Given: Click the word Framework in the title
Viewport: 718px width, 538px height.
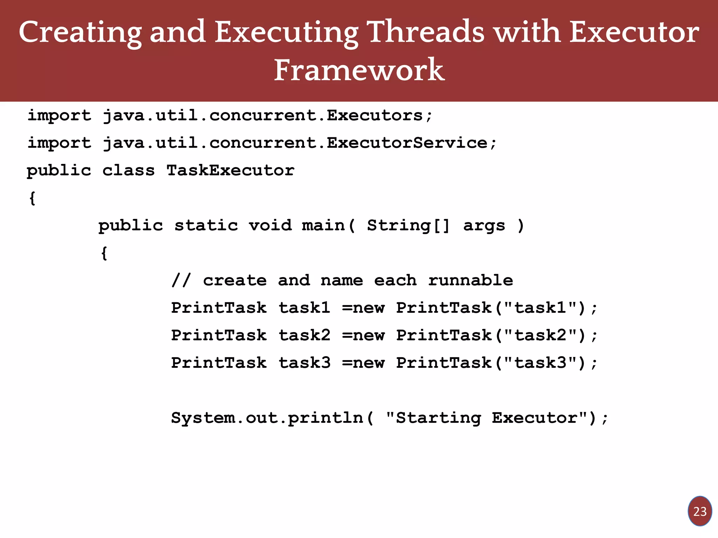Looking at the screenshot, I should tap(359, 70).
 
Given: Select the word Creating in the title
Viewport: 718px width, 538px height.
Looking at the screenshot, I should tap(80, 32).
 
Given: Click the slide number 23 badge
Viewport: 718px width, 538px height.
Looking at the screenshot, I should tap(700, 511).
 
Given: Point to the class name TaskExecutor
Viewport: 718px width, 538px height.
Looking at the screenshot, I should tap(230, 171).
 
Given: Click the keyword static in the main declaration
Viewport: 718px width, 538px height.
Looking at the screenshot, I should tap(206, 225).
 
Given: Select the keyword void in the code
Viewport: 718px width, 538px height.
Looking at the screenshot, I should tap(270, 225).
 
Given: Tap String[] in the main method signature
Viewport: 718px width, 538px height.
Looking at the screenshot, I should tap(408, 225).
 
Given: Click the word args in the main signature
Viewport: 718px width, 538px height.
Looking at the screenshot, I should tap(484, 225).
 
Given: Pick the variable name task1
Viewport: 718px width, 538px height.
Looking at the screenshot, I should tap(304, 308).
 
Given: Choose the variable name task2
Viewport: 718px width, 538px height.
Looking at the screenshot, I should tap(304, 335).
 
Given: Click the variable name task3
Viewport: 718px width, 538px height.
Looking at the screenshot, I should tap(304, 363).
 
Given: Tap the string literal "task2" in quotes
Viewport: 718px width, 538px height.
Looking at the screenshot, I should tap(540, 335).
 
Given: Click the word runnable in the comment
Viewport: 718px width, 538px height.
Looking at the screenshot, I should tap(470, 281).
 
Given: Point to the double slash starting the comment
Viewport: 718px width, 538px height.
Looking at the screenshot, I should tap(181, 281).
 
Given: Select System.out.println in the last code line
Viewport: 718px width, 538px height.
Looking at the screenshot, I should tap(267, 418).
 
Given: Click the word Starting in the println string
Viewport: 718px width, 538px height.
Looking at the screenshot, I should tap(438, 418).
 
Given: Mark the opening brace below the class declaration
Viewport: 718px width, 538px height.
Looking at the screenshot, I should tap(32, 198).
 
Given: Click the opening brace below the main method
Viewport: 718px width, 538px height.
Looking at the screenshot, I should tap(104, 253).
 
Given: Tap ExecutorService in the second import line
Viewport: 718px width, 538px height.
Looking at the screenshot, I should tap(407, 143).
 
